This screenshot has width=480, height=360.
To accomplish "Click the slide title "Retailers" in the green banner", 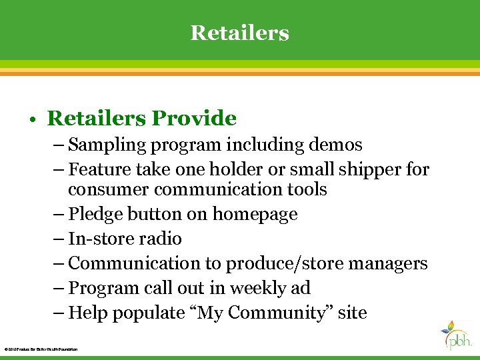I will tap(240, 32).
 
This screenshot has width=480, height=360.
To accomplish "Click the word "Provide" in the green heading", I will tap(194, 119).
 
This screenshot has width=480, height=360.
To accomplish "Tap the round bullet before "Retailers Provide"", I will tap(33, 120).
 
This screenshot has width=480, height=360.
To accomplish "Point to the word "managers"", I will tap(386, 264).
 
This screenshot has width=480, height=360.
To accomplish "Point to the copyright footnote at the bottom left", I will tap(41, 349).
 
